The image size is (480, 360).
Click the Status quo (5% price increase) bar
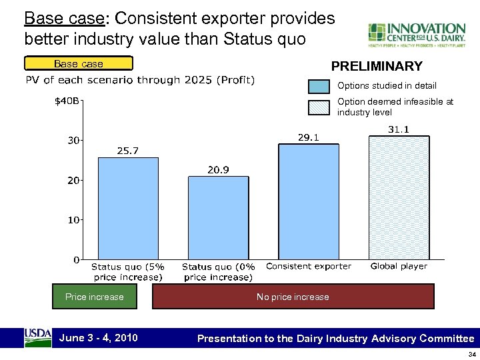pos(128,208)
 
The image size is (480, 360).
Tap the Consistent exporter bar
pos(309,201)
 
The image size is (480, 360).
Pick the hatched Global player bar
pos(399,197)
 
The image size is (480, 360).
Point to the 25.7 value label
pos(128,151)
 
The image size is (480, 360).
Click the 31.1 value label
pos(399,129)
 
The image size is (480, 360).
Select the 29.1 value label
pos(308,138)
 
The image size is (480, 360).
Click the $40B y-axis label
pos(67,101)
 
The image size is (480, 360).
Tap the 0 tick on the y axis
pos(76,259)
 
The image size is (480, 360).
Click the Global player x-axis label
pos(399,266)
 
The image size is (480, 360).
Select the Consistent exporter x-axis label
pos(309,266)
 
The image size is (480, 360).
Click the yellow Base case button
pos(79,64)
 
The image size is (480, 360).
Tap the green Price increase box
pos(94,297)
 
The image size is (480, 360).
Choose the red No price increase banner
pos(293,297)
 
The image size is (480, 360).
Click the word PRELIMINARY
pos(377,66)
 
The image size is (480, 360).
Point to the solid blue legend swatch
pos(319,86)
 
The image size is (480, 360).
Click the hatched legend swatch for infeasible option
pos(319,107)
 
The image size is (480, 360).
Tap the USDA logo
pos(37,337)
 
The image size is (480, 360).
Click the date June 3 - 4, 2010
pos(99,337)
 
